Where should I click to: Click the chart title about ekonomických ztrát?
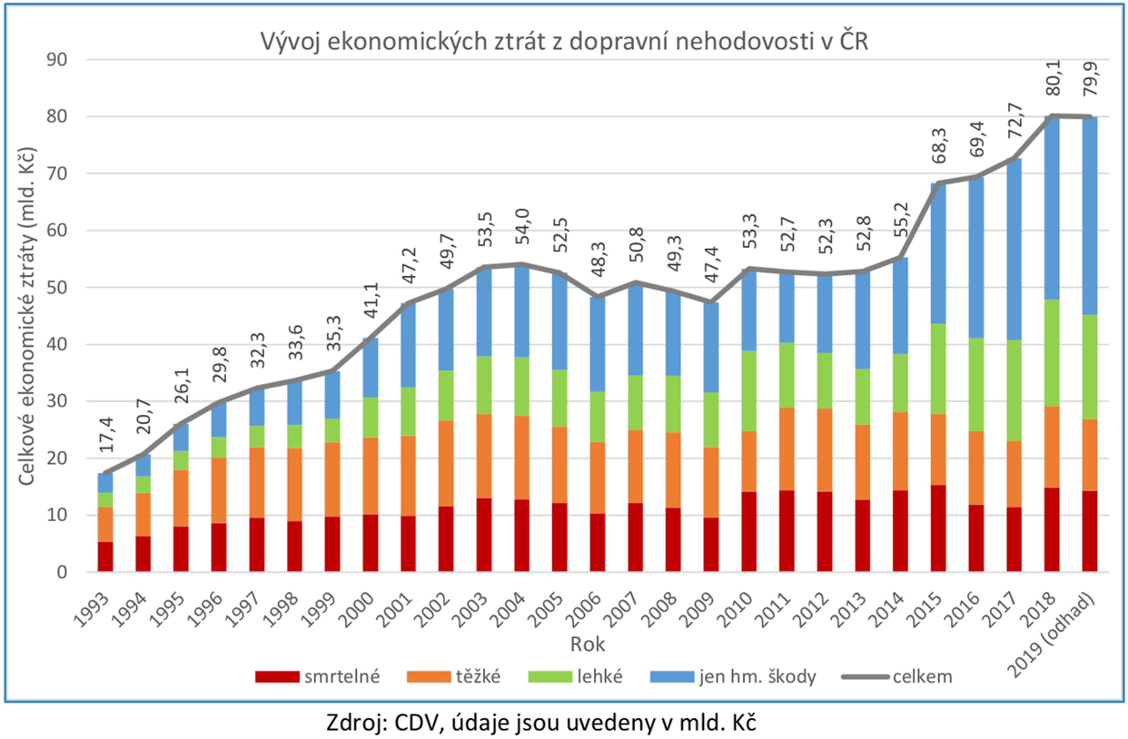pos(564,42)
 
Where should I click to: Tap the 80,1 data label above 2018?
pos(1053,78)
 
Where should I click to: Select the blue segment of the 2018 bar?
pos(1052,209)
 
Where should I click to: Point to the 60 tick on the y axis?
pos(56,231)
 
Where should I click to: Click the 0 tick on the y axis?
pos(62,572)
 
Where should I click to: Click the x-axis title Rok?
pos(587,644)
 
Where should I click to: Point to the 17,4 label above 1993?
pos(106,435)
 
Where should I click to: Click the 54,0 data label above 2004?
pos(523,226)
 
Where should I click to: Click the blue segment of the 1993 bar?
pos(105,482)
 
